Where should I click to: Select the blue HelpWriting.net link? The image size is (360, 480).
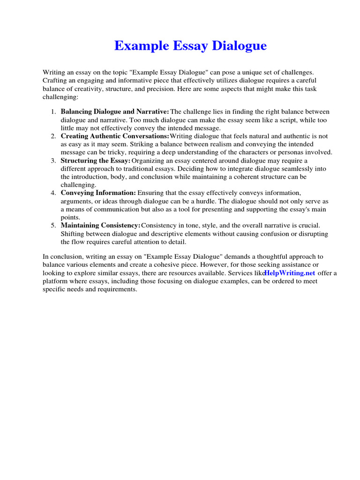[x=290, y=273]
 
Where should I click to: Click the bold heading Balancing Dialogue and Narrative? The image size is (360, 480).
[x=115, y=112]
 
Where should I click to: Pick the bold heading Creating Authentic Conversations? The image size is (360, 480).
[x=115, y=136]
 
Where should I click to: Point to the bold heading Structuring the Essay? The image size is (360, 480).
[x=96, y=160]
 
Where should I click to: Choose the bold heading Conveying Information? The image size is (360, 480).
[x=98, y=193]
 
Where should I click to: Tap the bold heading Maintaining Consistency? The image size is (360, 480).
[x=100, y=225]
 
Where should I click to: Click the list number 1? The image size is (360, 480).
[x=53, y=112]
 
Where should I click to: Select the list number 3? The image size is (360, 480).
[x=53, y=160]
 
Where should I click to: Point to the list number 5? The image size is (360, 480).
[x=53, y=225]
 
